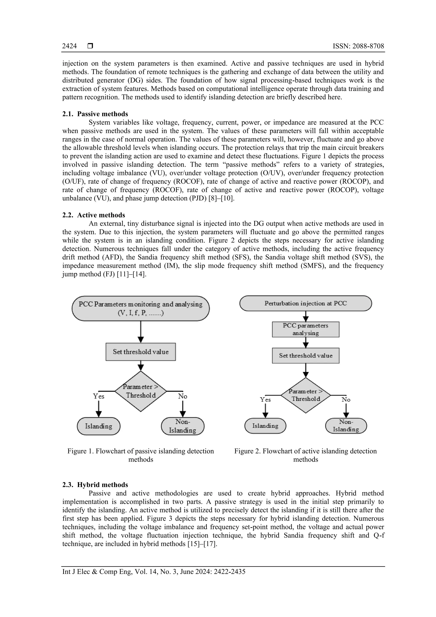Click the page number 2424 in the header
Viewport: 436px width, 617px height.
point(69,46)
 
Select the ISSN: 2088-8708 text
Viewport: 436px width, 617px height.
point(358,46)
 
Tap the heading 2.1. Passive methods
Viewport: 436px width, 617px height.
point(95,114)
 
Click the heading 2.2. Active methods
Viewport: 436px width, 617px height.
point(93,215)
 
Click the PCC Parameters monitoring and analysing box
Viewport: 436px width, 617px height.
point(141,308)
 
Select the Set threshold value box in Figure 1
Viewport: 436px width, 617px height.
point(141,352)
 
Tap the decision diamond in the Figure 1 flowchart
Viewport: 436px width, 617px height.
point(141,391)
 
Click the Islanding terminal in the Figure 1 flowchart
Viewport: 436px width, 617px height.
point(99,426)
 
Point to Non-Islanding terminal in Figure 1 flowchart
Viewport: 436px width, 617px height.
point(183,426)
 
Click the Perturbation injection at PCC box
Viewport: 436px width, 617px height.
point(305,303)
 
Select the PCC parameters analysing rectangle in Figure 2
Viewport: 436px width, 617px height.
point(305,329)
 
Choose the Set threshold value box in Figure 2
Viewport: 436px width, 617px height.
point(305,355)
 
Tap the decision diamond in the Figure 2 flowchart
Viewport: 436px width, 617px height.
point(305,395)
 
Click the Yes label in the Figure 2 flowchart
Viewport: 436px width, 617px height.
point(265,400)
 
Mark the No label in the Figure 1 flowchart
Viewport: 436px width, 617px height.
point(183,396)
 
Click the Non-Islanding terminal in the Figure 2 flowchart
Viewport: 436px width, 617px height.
point(346,426)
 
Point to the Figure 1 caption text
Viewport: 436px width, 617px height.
point(141,455)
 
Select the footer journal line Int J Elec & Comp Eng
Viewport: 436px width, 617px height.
point(154,572)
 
